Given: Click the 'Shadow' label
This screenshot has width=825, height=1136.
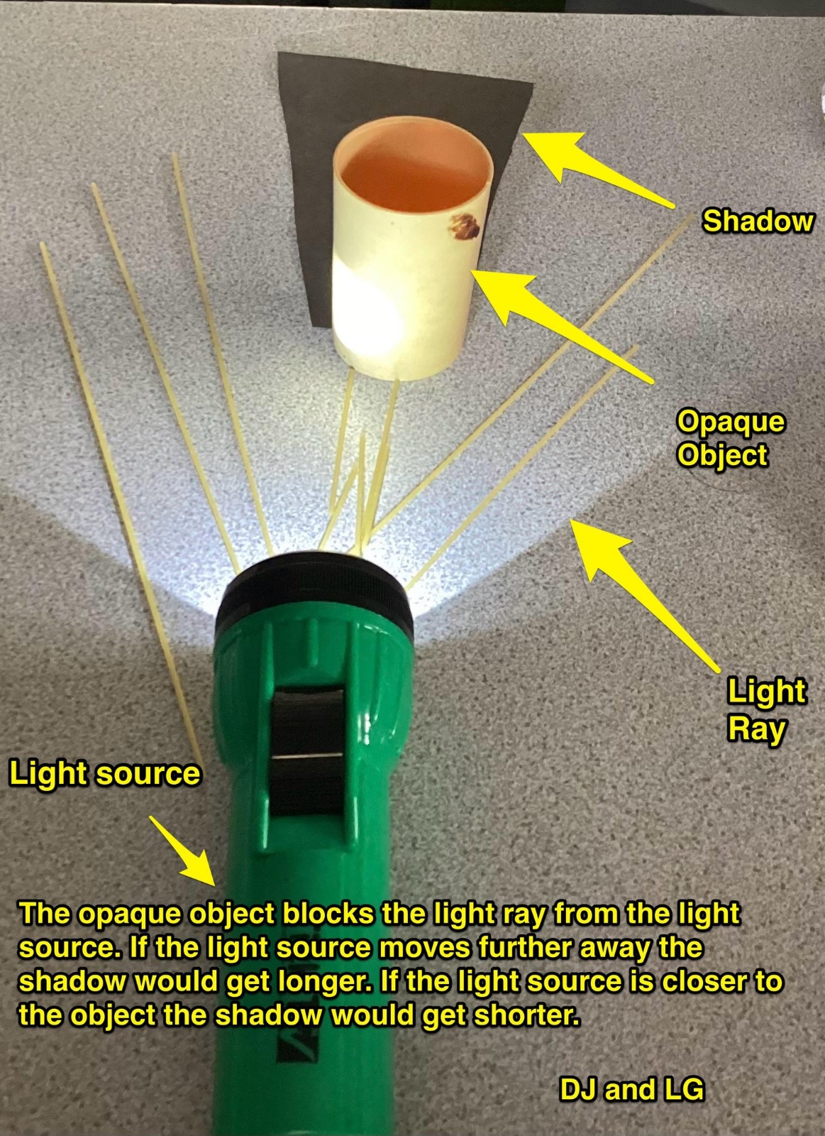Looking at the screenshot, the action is (758, 222).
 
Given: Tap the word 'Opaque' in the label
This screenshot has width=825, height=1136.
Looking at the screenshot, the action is (731, 422).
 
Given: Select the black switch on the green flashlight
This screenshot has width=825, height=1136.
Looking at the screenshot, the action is (306, 750).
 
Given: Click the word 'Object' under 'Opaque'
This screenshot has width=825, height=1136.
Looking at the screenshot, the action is (722, 454).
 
